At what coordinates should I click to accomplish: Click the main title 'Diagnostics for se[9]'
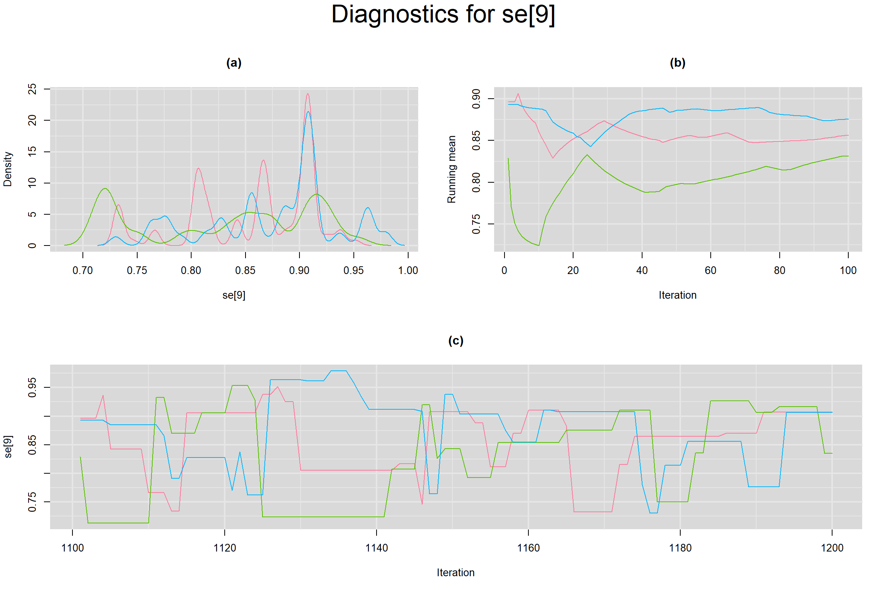tap(443, 15)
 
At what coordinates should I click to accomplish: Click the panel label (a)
tap(234, 63)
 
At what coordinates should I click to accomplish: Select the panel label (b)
tap(678, 63)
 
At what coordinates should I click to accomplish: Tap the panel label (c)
tap(456, 341)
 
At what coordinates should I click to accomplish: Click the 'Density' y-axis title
tap(8, 169)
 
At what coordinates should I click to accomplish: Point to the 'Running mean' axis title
tap(451, 169)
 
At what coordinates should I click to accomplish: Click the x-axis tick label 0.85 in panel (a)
tap(245, 271)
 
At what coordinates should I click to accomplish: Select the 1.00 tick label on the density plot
tap(408, 271)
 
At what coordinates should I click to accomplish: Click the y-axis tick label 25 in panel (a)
tap(32, 89)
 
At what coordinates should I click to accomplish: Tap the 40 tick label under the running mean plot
tap(642, 271)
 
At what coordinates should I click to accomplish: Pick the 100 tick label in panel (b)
tap(848, 271)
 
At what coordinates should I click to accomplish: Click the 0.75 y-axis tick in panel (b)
tap(476, 224)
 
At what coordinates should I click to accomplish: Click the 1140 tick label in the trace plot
tap(376, 548)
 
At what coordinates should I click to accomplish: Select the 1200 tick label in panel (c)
tap(832, 548)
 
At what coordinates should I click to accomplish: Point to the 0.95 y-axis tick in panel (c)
tap(32, 387)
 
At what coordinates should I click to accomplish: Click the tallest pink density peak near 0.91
tap(308, 94)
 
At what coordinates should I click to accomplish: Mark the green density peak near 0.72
tap(105, 188)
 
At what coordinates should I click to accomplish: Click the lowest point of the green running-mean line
tap(538, 245)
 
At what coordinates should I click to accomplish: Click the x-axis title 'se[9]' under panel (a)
tap(234, 295)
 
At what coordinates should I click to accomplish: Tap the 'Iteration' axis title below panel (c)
tap(456, 573)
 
